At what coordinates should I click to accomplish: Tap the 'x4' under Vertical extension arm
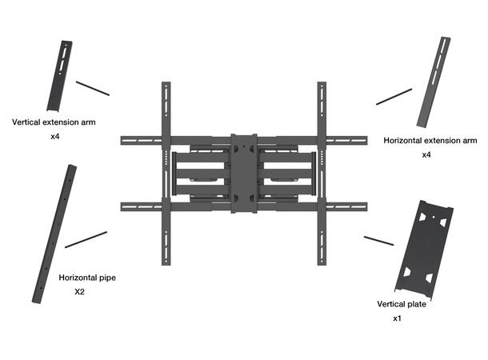click(56, 138)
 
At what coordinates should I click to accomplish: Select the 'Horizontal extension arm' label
click(430, 140)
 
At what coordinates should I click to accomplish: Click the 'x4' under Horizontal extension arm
click(426, 154)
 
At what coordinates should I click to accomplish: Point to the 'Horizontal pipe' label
click(86, 278)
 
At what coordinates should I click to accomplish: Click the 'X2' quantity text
click(79, 293)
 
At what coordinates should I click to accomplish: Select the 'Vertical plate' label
click(402, 304)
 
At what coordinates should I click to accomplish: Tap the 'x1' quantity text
click(396, 318)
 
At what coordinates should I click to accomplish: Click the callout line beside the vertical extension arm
click(92, 87)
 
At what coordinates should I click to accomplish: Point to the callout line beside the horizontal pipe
click(86, 239)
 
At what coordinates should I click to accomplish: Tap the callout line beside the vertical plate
click(378, 239)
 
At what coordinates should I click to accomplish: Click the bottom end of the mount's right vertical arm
click(322, 262)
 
